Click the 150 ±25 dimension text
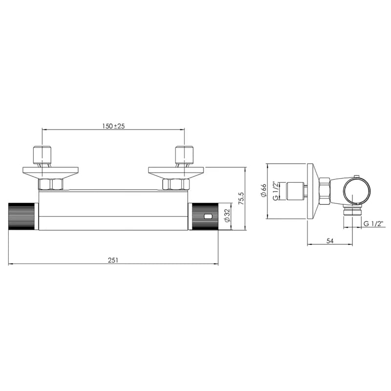tap(113, 126)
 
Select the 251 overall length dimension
tap(113, 261)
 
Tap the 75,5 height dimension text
tap(241, 198)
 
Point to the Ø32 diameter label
tap(227, 216)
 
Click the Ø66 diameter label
tap(263, 191)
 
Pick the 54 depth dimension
tap(329, 241)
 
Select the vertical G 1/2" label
tap(276, 191)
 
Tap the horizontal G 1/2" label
tap(373, 224)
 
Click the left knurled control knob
tap(22, 217)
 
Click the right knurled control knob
tap(205, 217)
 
